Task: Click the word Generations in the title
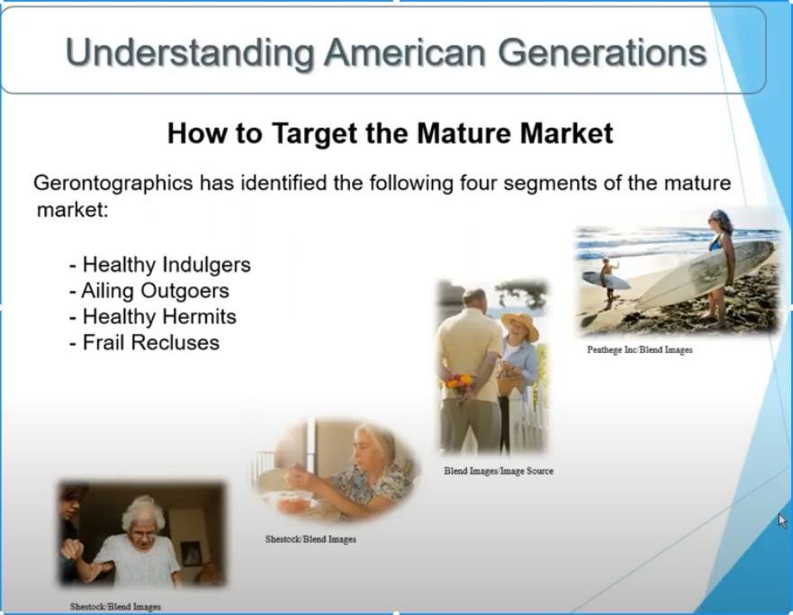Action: (x=602, y=52)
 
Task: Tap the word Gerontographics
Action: (x=113, y=183)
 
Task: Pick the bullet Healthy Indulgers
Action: (x=160, y=265)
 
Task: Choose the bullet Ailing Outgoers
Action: (x=149, y=291)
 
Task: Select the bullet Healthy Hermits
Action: (x=153, y=317)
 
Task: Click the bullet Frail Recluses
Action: (x=145, y=342)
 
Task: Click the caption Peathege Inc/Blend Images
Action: (x=640, y=349)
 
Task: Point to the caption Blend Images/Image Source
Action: (x=499, y=471)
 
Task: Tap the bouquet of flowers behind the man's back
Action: (x=459, y=385)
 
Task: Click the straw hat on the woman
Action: (x=520, y=324)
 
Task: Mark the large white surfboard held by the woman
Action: (x=706, y=273)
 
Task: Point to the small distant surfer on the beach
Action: (x=608, y=281)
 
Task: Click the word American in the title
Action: (x=406, y=52)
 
